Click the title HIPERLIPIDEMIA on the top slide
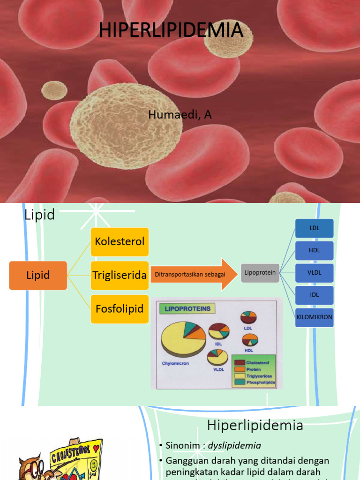(172, 30)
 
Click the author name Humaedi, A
(180, 115)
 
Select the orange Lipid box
(38, 275)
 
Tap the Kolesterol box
(120, 242)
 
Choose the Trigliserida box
(120, 275)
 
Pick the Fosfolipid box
(120, 309)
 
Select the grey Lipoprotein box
(260, 272)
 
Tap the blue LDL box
(314, 228)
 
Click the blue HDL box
(314, 250)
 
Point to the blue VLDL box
(314, 272)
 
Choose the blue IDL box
(314, 295)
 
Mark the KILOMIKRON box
(314, 317)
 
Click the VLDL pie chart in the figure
(218, 358)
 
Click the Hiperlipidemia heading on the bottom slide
(255, 426)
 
